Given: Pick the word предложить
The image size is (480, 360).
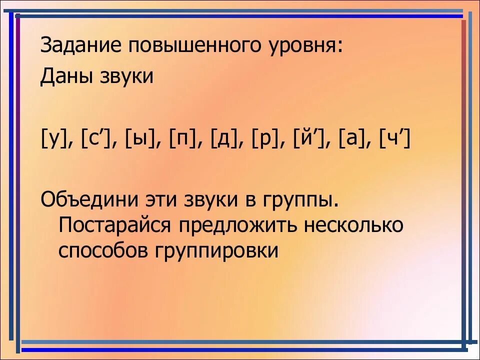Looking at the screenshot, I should [236, 225].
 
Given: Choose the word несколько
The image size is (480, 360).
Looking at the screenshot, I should [352, 225].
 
